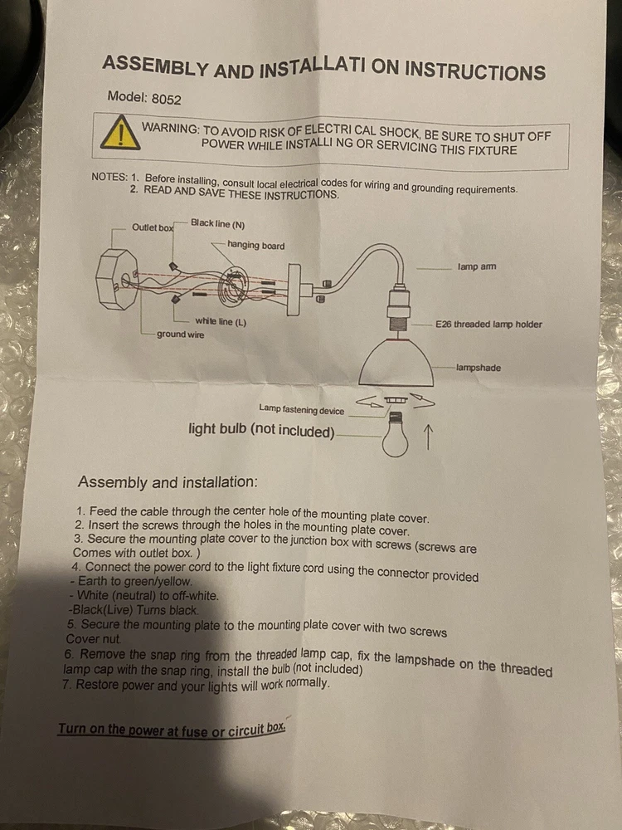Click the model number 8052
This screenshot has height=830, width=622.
166,99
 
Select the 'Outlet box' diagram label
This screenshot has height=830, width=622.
153,227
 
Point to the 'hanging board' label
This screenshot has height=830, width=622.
256,246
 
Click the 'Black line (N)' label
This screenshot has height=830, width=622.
218,224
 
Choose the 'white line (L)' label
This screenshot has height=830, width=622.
221,321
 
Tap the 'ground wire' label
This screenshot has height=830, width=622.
180,334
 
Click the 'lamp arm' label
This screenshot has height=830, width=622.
477,266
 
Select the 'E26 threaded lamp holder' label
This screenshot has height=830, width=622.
488,324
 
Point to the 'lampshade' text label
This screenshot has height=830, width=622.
479,368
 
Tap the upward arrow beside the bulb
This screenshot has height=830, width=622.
429,437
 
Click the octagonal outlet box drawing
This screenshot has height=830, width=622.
117,278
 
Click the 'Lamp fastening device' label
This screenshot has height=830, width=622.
302,409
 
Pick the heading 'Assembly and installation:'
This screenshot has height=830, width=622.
168,482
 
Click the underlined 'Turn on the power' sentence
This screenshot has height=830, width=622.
172,730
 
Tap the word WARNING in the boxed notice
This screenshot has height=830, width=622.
170,128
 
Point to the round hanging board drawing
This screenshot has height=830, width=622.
233,286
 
